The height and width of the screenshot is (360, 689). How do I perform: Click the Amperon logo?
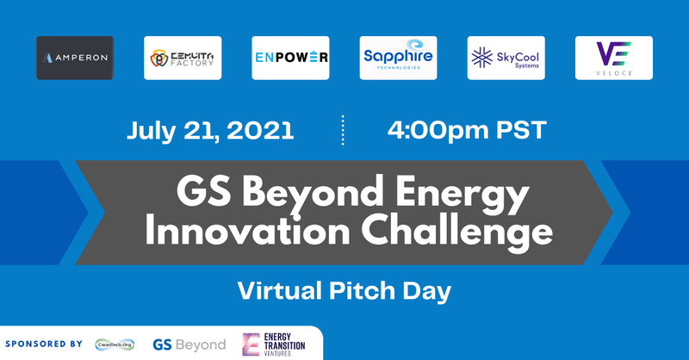pyautogui.click(x=75, y=58)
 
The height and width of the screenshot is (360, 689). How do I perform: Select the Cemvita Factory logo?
pyautogui.click(x=183, y=58)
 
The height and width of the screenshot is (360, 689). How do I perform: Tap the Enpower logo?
pyautogui.click(x=290, y=58)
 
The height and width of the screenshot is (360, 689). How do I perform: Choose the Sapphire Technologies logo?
pyautogui.click(x=398, y=58)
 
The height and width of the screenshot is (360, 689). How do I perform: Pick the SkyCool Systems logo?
pyautogui.click(x=506, y=58)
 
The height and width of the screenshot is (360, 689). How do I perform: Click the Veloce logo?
pyautogui.click(x=613, y=58)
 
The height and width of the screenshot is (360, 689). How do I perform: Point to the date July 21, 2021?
pyautogui.click(x=211, y=131)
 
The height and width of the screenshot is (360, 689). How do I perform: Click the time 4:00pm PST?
pyautogui.click(x=467, y=131)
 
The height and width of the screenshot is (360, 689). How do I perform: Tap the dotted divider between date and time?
pyautogui.click(x=344, y=131)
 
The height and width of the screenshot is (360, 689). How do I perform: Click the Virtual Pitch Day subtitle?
pyautogui.click(x=344, y=290)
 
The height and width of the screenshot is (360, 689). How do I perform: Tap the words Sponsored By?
pyautogui.click(x=43, y=344)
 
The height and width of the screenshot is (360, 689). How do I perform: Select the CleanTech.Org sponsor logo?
pyautogui.click(x=115, y=344)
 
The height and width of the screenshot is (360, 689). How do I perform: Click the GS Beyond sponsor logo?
pyautogui.click(x=189, y=344)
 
